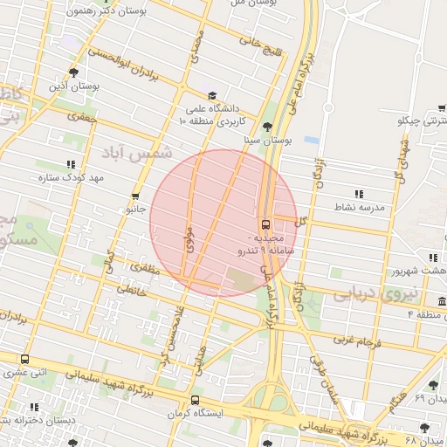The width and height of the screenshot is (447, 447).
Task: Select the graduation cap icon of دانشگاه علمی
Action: [212, 96]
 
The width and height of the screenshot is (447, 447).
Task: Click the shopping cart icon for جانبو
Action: [134, 196]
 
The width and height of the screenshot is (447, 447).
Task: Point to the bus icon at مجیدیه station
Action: [265, 223]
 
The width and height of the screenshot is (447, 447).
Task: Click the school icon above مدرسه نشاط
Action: [358, 194]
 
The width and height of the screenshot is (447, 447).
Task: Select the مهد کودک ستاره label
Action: [71, 177]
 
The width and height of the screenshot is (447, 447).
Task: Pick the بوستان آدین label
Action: [72, 86]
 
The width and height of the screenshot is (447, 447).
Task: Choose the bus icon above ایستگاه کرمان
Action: [195, 400]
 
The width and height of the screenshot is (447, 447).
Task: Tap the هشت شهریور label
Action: [409, 271]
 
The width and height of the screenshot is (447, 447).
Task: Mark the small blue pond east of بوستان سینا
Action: [311, 139]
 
